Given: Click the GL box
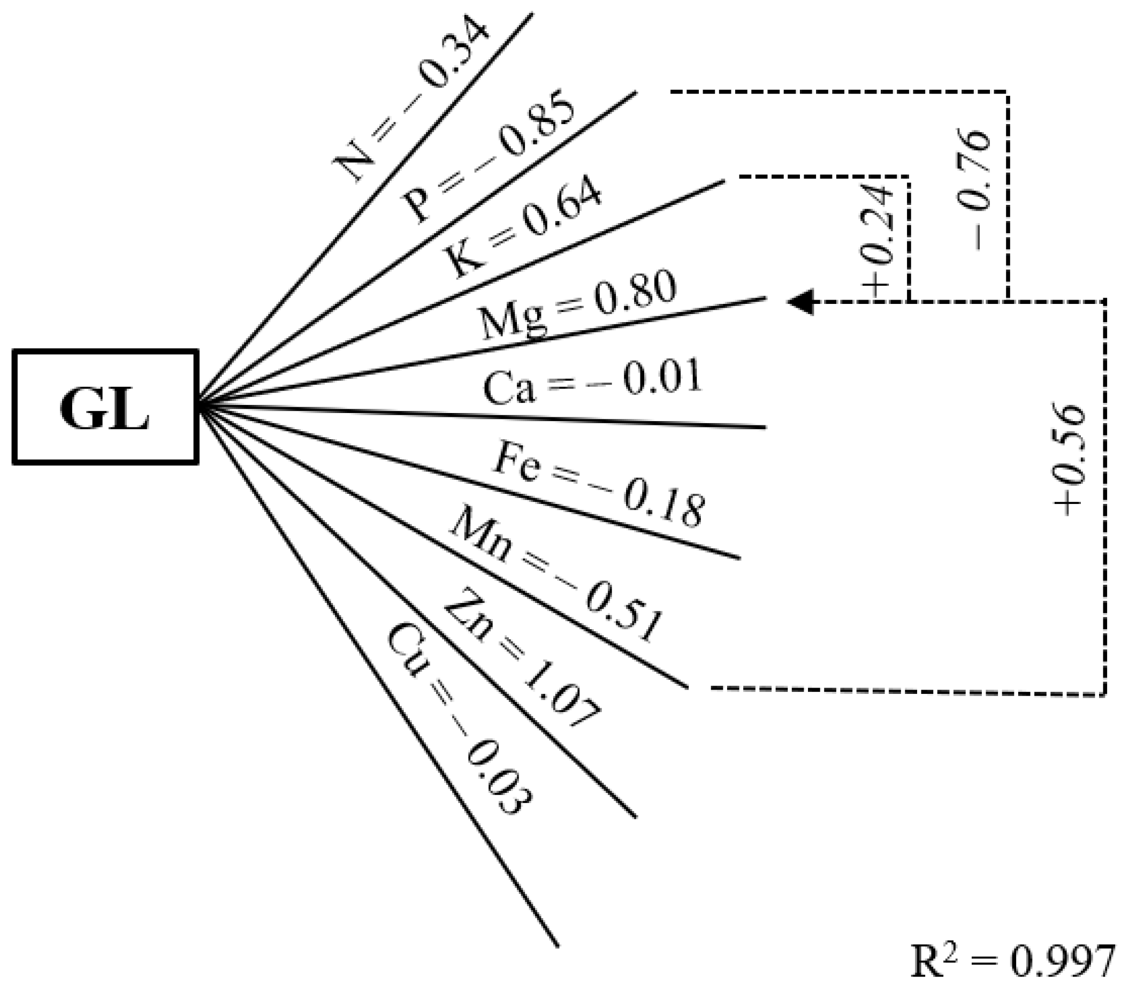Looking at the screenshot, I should coord(105,407).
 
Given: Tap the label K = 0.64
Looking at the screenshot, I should coord(522,228).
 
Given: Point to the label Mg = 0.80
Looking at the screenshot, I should coord(578,305).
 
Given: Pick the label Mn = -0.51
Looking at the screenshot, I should coord(555,575).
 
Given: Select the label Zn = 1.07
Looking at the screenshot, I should coord(522,657).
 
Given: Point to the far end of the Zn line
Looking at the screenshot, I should coord(636,816).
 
